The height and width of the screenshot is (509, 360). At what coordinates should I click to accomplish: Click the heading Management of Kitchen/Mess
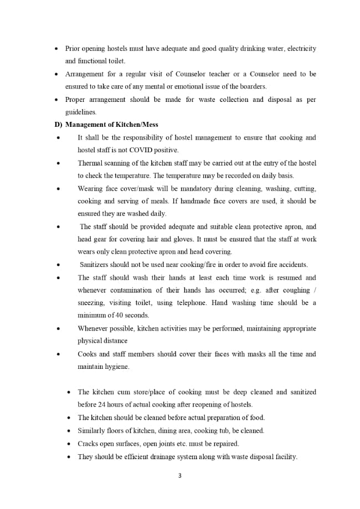[111, 125]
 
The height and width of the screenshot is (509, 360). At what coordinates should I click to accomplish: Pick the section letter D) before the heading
[58, 125]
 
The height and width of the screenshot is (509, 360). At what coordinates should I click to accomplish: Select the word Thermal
[89, 163]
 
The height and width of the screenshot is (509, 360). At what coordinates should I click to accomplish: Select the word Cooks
[88, 354]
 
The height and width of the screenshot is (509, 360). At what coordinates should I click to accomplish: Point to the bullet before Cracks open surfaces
[69, 444]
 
